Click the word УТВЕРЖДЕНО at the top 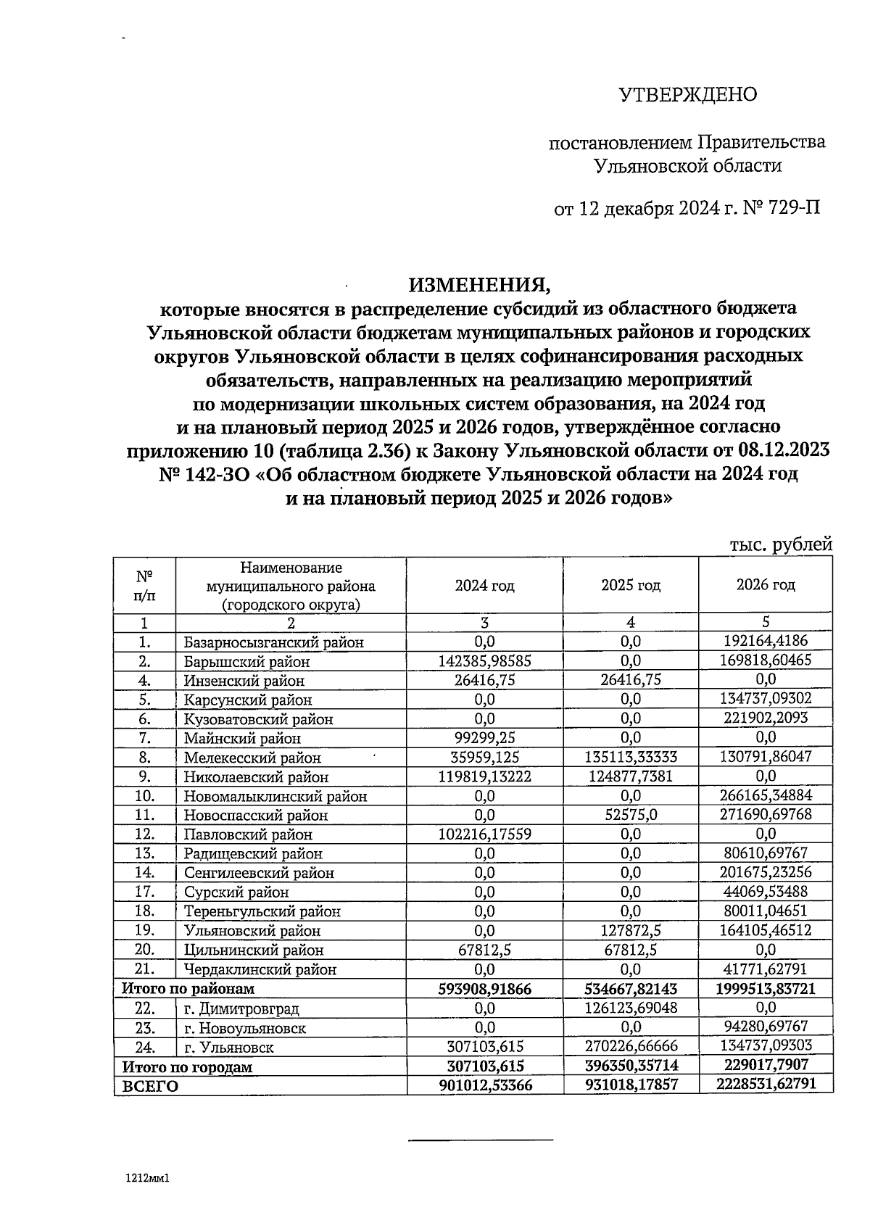[687, 95]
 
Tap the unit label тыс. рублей [781, 545]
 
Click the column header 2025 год [630, 585]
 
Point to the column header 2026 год [766, 584]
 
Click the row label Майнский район [241, 739]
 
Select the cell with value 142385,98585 [484, 660]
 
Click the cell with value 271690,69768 [766, 814]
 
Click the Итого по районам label [188, 989]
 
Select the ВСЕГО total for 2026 [766, 1085]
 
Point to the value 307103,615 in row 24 [484, 1046]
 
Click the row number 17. [144, 892]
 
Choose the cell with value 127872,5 [630, 930]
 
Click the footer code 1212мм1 [147, 1179]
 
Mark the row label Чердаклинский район [260, 969]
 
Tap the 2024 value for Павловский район [484, 834]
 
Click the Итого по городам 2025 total [630, 1066]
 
